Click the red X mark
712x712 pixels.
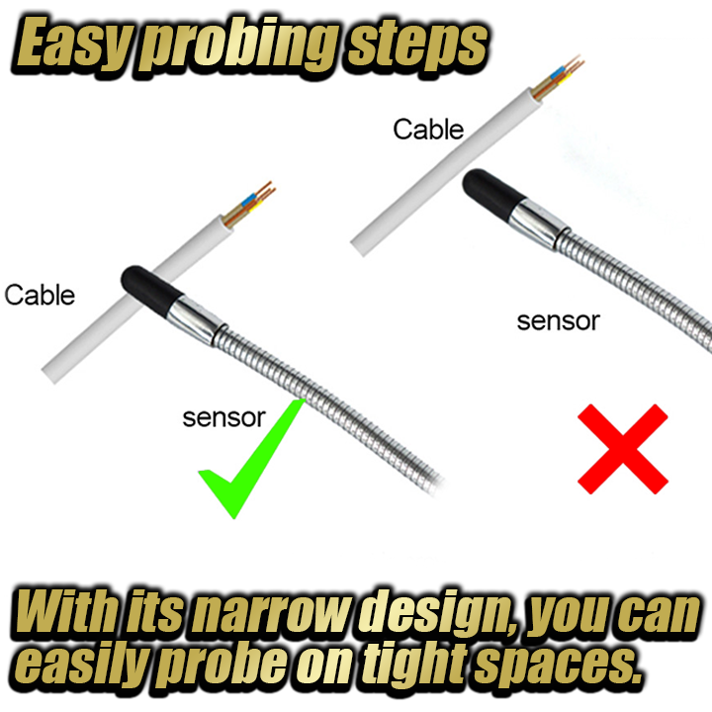[623, 449]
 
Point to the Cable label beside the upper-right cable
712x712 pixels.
[428, 130]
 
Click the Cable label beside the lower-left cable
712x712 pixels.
[40, 295]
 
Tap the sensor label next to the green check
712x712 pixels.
[223, 417]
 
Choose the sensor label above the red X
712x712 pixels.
[559, 321]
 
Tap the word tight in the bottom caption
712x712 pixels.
[414, 667]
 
